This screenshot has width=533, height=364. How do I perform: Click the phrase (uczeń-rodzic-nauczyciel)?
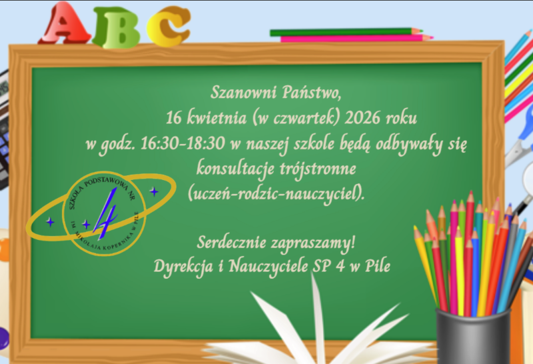pyautogui.click(x=277, y=193)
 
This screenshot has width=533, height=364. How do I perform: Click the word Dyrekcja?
pyautogui.click(x=185, y=266)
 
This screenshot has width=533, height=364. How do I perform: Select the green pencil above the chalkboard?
pyautogui.click(x=346, y=31)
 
